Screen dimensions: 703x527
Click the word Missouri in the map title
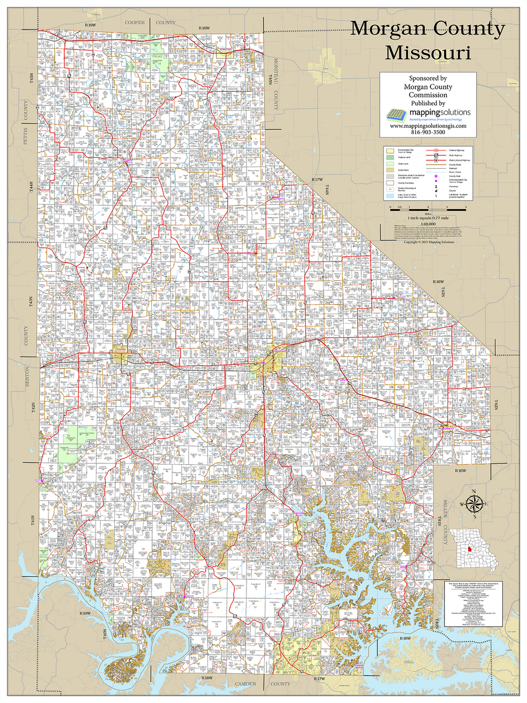(x=428, y=53)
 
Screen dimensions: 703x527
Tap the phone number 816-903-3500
(x=428, y=132)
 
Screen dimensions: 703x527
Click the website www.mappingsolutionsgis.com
(x=428, y=126)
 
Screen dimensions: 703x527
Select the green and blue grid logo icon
(x=396, y=115)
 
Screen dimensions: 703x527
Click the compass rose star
(x=473, y=502)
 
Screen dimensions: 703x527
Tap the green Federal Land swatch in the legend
(x=389, y=157)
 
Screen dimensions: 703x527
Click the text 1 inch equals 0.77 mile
(x=428, y=219)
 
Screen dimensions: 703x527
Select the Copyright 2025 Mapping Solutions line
(x=428, y=242)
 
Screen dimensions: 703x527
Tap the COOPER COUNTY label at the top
(x=150, y=23)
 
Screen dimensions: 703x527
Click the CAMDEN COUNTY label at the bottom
(x=258, y=684)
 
